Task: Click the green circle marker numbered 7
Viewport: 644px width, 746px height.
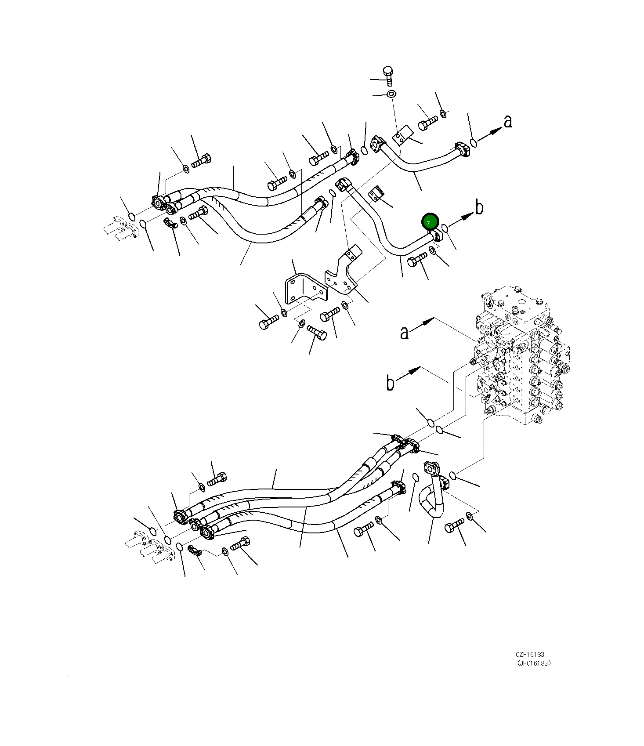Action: coord(430,222)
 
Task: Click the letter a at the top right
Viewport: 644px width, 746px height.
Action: coord(508,121)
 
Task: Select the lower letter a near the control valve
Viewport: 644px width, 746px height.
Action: coord(404,333)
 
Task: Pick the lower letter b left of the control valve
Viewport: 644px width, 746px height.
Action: coord(390,383)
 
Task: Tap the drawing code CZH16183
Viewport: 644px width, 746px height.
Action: coord(530,655)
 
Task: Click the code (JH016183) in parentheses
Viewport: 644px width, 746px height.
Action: coord(533,663)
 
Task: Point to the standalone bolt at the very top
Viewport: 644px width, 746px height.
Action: coord(388,76)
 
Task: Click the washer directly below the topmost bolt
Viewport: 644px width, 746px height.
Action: coord(391,94)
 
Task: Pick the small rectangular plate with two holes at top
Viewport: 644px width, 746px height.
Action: coord(403,135)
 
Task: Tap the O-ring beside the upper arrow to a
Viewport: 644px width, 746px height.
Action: coord(473,142)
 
